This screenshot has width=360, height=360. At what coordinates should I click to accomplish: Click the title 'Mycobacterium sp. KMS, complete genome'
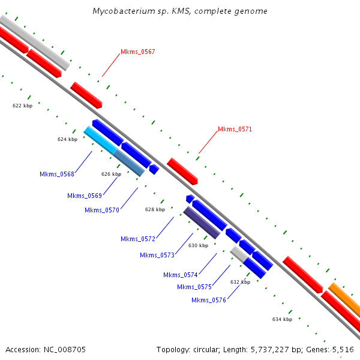point(180,11)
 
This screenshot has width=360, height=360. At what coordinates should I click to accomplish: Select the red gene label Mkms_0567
point(138,52)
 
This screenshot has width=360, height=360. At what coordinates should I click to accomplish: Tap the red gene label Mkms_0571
point(235,129)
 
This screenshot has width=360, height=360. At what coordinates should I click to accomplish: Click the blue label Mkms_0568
point(57,174)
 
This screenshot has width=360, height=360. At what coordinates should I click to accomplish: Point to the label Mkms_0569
point(85,196)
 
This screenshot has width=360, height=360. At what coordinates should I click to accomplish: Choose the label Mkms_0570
point(102,210)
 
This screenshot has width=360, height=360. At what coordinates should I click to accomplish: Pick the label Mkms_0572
point(138,239)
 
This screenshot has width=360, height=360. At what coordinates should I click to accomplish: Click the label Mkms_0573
point(157,255)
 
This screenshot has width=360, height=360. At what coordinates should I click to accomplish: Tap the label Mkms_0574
point(181,275)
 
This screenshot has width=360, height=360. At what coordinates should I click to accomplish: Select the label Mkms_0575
point(194,287)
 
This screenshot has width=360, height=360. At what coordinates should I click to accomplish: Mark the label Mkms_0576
point(209,300)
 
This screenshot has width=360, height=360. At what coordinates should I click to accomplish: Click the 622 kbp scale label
point(23,106)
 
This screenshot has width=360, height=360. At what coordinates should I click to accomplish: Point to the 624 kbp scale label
point(67,139)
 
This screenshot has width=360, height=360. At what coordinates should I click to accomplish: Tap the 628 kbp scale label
point(155,209)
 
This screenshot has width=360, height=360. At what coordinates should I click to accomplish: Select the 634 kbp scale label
point(282,319)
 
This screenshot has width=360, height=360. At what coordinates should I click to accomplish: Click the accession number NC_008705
point(65,350)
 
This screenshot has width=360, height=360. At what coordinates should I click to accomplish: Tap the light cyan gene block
point(100,140)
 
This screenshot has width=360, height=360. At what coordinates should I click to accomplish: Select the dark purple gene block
point(202,223)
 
